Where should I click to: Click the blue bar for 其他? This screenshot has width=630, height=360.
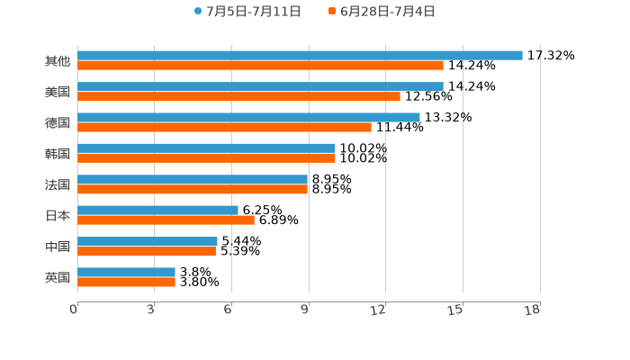(x=300, y=55)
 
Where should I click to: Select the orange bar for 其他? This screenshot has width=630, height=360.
(x=260, y=66)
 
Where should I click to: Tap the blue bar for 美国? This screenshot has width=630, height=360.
(x=260, y=86)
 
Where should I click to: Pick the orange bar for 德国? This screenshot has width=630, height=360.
(x=224, y=127)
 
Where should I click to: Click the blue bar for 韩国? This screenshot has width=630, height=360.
(x=206, y=148)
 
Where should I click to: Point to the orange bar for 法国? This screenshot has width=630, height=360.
(x=193, y=189)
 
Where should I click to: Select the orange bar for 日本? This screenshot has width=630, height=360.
(x=166, y=220)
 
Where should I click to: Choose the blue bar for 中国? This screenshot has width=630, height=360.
(x=148, y=241)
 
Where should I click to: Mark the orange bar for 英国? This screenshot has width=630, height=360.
(x=126, y=282)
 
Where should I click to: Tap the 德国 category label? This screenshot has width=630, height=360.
(x=58, y=122)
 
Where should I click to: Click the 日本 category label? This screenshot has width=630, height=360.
(x=58, y=215)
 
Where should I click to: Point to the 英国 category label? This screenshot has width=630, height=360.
(x=58, y=277)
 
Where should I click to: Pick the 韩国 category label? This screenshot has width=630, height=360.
(x=58, y=153)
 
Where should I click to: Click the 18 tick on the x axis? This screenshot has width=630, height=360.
(x=532, y=310)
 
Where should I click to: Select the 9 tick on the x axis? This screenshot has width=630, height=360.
(x=305, y=310)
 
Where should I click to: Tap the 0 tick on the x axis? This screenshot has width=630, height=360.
(x=74, y=310)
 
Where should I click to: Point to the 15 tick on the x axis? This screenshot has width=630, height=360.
(x=455, y=310)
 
